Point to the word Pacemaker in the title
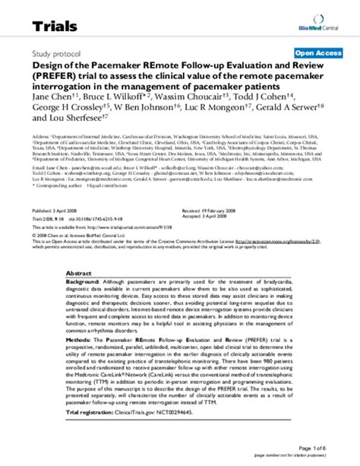tap(118, 67)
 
